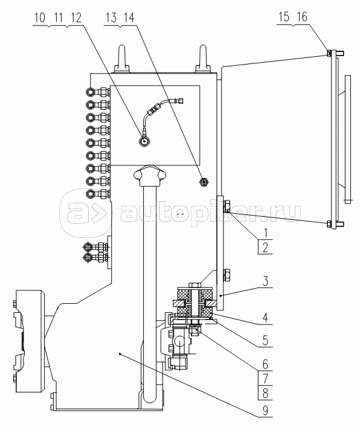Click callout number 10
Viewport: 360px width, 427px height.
(39, 18)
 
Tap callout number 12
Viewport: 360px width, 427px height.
(76, 18)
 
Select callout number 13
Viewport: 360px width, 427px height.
(111, 18)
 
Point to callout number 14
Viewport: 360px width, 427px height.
(129, 18)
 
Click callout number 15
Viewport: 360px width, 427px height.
(283, 17)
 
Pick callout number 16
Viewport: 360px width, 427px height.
(302, 17)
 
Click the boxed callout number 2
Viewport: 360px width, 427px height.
(265, 247)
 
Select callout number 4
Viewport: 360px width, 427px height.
(266, 318)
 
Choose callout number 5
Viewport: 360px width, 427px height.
(266, 340)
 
